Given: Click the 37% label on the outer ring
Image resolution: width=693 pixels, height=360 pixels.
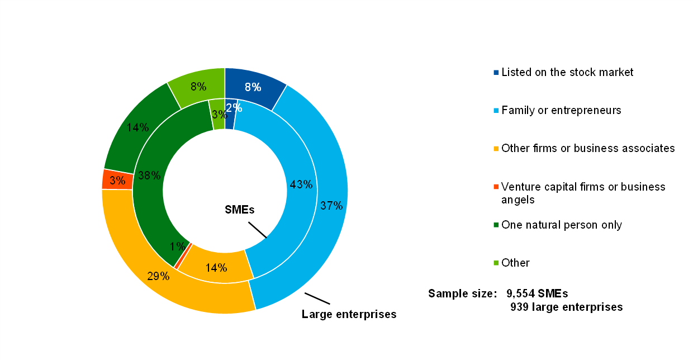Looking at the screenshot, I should pos(331,206).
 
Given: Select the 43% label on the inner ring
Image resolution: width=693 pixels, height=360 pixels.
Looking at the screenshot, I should pos(301,184).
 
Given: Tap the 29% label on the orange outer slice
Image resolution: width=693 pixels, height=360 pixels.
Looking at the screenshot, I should pos(159,276).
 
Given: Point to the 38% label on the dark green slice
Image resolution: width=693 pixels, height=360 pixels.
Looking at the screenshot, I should pos(150,176).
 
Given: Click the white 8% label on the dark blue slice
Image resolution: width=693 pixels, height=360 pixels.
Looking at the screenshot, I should pos(253,87).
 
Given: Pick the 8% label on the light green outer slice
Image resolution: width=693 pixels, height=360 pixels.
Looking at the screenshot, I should pos(198,87).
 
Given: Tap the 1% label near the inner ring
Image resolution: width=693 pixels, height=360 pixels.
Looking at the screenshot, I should pos(178,247).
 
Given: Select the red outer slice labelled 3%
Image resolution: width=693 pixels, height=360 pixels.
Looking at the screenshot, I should pos(117,180).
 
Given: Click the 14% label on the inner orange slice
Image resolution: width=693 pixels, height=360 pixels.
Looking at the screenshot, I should pos(216,268).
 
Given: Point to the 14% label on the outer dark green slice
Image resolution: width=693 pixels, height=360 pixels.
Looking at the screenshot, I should pos(137,127).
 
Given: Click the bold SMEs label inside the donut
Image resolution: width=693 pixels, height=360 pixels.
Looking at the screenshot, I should pos(239,210).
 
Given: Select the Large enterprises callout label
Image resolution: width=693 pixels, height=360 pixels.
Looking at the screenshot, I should pos(349,314).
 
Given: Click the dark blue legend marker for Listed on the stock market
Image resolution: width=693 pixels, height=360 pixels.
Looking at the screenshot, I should pos(496,73).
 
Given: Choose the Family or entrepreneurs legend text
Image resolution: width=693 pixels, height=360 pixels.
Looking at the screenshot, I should pos(561,110).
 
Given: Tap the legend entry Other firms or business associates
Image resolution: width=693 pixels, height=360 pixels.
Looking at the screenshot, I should pos(588,148).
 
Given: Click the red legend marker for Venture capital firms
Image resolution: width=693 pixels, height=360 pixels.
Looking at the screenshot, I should pos(496,187).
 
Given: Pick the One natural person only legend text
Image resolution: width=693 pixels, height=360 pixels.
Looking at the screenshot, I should pos(562,225).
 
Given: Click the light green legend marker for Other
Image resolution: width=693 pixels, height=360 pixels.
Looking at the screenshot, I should pos(496,263).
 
